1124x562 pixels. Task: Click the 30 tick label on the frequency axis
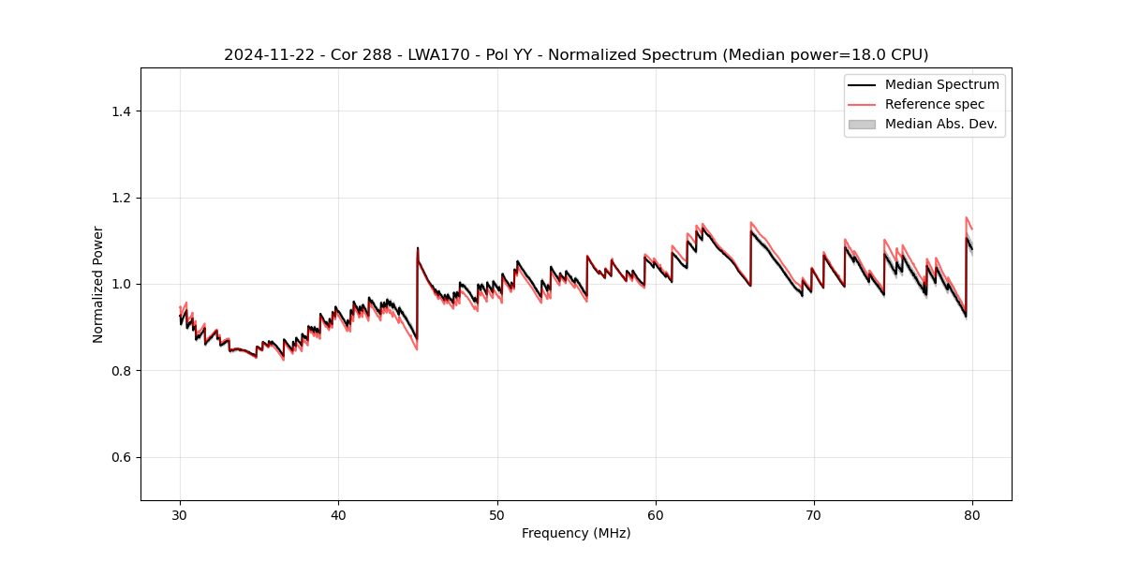(180, 514)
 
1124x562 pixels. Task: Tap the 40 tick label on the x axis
(338, 514)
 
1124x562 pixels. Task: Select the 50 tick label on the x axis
(497, 514)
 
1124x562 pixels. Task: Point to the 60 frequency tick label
(656, 514)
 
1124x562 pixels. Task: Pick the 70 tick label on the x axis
(814, 514)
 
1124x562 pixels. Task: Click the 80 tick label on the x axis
(972, 514)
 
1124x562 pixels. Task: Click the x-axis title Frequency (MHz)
(576, 533)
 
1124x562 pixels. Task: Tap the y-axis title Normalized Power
(97, 284)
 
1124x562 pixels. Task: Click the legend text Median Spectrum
(941, 84)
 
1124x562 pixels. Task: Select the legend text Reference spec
(934, 104)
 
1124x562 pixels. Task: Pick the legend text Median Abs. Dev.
(940, 124)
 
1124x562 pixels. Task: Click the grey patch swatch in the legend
(862, 124)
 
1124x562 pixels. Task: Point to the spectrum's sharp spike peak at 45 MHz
(418, 248)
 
